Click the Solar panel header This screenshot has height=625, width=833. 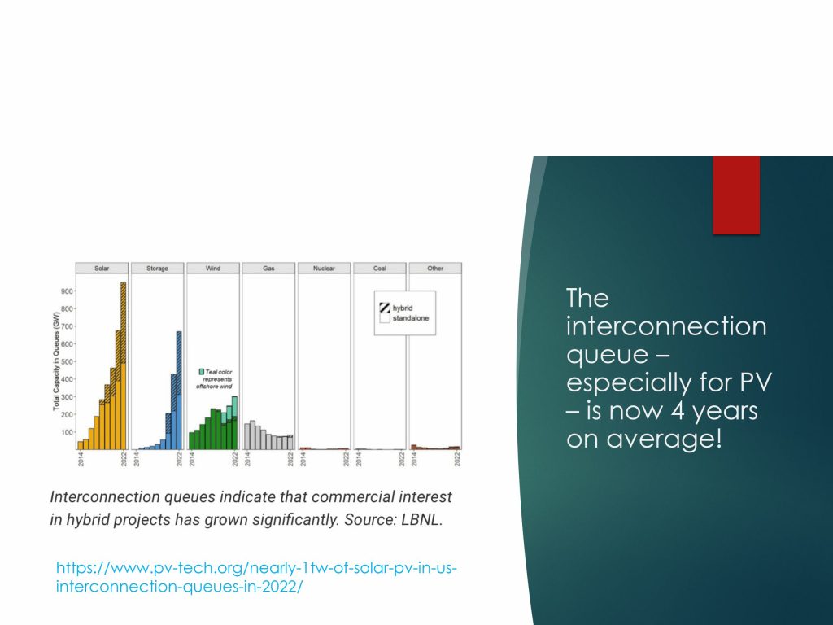coord(102,269)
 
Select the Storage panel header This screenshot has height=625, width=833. coord(157,269)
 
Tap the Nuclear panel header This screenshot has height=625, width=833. coord(324,269)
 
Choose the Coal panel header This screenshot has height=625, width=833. coord(380,269)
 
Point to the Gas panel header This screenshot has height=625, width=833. coord(268,269)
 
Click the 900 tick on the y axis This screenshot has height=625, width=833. coord(67,291)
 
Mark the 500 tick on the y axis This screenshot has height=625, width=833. coord(67,362)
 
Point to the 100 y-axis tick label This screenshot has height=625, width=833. coord(67,433)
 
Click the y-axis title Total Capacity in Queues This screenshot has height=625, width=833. coord(56,362)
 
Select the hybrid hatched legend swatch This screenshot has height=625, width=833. coord(385,308)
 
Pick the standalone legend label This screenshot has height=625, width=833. coord(411,318)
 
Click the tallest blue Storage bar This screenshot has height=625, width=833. coord(179,391)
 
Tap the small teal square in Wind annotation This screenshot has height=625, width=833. coord(202,372)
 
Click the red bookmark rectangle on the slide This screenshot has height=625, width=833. coord(736,195)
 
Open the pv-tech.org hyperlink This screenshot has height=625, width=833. coord(256,577)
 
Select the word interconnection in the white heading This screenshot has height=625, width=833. coord(666,326)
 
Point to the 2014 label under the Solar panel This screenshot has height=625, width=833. coord(81,459)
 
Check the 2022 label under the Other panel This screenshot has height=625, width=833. coord(457,459)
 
